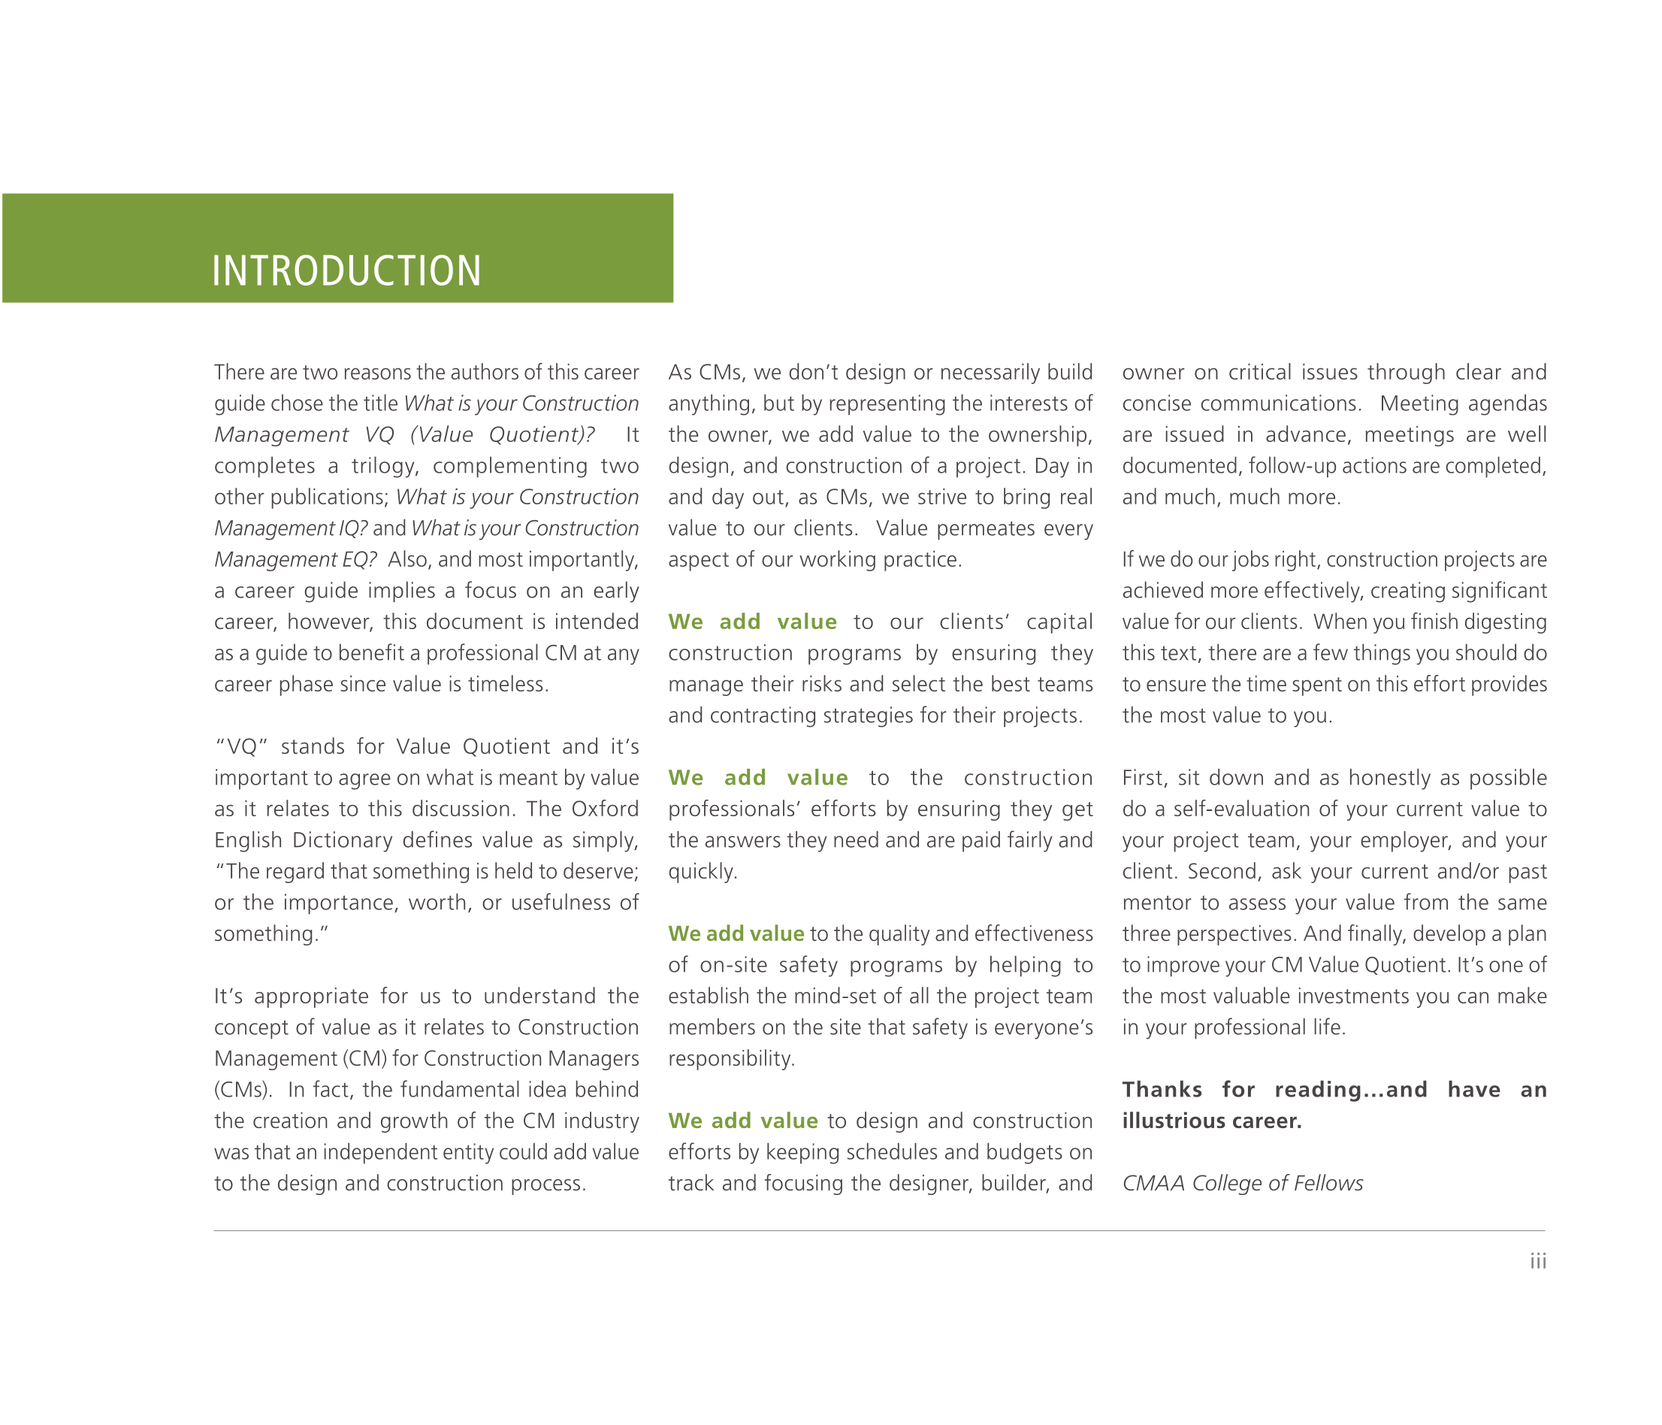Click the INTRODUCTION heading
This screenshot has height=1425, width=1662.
[x=346, y=271]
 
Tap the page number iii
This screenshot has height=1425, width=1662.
[x=1537, y=1261]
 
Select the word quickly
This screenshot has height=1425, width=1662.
[x=702, y=871]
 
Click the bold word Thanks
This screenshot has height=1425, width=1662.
[x=1162, y=1090]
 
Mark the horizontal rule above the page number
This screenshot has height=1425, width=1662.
[x=878, y=1230]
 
